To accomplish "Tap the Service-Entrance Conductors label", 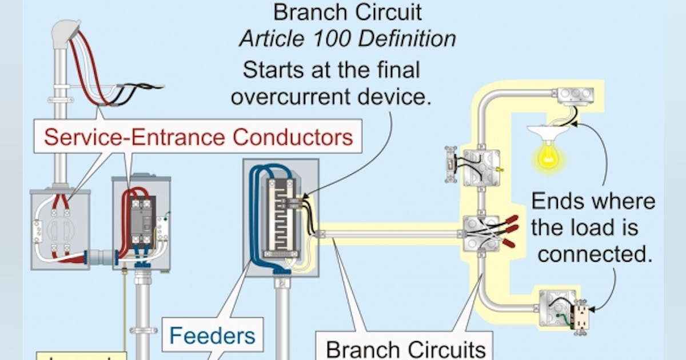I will pyautogui.click(x=198, y=137).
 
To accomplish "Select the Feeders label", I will pyautogui.click(x=212, y=335).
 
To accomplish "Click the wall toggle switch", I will pyautogui.click(x=451, y=165).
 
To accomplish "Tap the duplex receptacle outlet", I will pyautogui.click(x=581, y=316).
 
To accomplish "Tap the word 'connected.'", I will pyautogui.click(x=595, y=254).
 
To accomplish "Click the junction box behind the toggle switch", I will pyautogui.click(x=481, y=167).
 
